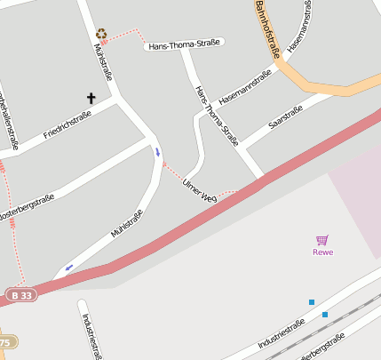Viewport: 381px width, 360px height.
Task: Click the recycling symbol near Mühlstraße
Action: [101, 34]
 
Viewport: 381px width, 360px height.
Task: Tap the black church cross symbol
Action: [91, 98]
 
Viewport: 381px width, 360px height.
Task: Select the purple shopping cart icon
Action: [321, 240]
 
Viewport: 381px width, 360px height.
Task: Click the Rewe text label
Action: [322, 252]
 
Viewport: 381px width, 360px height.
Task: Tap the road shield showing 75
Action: [5, 342]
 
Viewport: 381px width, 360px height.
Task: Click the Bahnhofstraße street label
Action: [266, 28]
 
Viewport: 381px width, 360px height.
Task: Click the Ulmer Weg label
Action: [199, 188]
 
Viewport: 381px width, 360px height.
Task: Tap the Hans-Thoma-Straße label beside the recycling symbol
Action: [185, 44]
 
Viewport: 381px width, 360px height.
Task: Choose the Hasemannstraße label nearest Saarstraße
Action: [243, 89]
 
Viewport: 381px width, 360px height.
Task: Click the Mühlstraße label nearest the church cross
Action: [103, 61]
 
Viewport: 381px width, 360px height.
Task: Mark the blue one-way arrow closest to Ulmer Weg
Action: [157, 152]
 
